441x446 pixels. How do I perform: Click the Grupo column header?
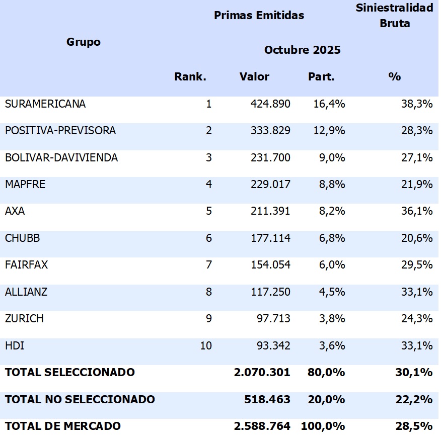(84, 42)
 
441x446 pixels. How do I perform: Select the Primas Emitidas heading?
(259, 16)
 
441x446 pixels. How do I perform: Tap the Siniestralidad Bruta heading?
(394, 16)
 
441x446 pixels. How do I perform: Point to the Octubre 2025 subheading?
(302, 50)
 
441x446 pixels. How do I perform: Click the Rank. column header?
(190, 77)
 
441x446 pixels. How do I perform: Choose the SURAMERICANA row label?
(45, 104)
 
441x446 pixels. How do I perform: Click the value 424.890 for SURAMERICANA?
(270, 104)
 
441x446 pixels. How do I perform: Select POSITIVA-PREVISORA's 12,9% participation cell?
(327, 131)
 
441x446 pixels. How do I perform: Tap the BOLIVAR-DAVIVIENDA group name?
(61, 158)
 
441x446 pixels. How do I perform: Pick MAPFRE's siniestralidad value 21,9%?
(417, 185)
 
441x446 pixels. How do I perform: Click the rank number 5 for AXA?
(209, 211)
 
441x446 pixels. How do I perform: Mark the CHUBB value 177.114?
(270, 238)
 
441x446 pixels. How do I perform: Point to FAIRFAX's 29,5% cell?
(417, 265)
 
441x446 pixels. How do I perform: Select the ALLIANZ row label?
(26, 292)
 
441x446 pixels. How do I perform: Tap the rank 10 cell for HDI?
(206, 345)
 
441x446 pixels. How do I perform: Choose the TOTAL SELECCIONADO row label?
(70, 373)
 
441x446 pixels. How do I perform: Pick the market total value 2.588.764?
(262, 426)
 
